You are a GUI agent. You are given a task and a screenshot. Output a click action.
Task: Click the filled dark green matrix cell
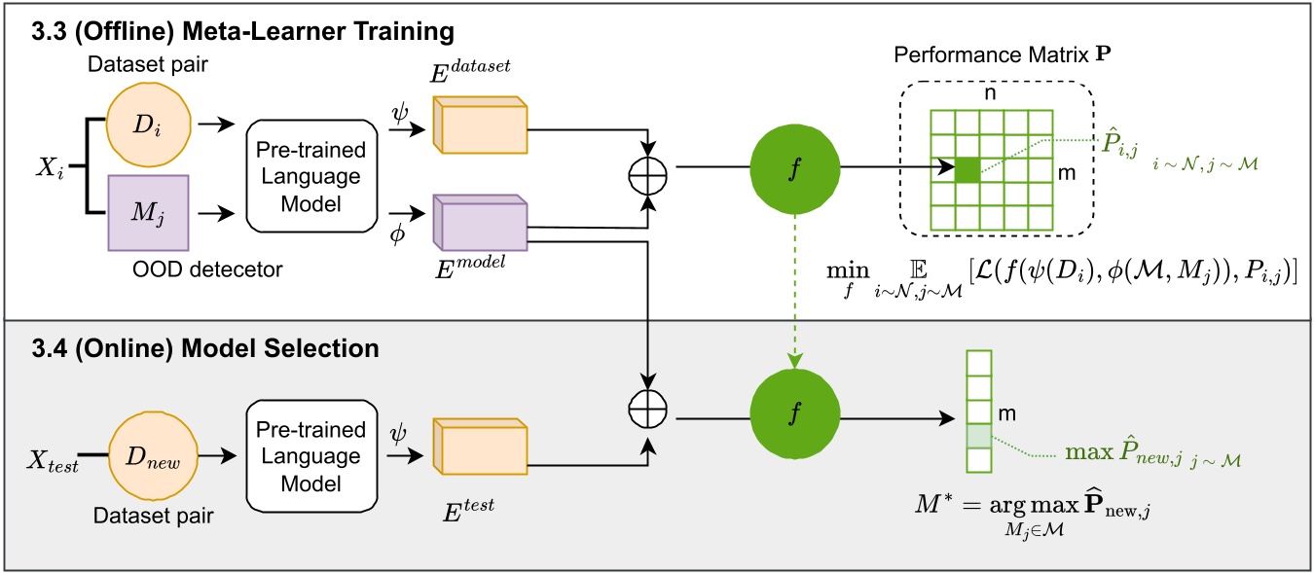click(967, 168)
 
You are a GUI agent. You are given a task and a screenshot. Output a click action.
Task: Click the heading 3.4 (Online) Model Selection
click(174, 346)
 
